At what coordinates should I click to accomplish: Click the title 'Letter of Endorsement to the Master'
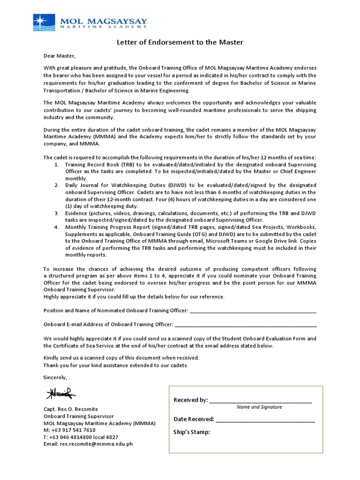click(x=180, y=43)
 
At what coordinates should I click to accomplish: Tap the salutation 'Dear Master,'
click(x=59, y=56)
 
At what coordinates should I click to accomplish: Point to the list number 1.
click(x=56, y=165)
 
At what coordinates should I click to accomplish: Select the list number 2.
click(x=56, y=186)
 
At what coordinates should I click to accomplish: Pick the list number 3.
click(x=56, y=213)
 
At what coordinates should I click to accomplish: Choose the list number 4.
click(x=56, y=227)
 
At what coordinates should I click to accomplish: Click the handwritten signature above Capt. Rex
click(x=60, y=394)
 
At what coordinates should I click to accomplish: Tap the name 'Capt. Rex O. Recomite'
click(x=71, y=409)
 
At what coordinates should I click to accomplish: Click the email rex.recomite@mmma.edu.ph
click(x=88, y=444)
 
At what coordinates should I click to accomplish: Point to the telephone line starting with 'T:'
click(x=81, y=437)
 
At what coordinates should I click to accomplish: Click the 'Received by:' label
click(x=190, y=400)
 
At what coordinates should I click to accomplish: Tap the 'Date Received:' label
click(x=194, y=419)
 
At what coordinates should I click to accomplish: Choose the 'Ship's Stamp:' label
click(x=192, y=432)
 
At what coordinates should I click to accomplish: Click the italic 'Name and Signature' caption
click(x=259, y=407)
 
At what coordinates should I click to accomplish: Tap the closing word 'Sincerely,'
click(x=55, y=377)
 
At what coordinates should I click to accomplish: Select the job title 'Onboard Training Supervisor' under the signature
click(x=78, y=416)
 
